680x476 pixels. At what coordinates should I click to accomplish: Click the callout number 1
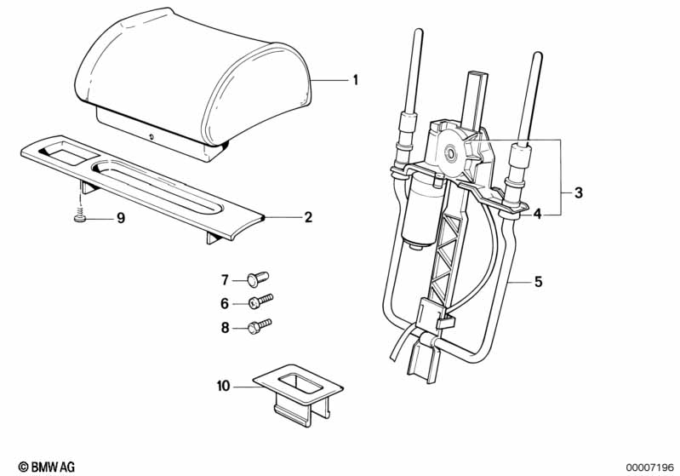click(x=355, y=80)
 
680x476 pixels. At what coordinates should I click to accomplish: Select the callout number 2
click(x=308, y=217)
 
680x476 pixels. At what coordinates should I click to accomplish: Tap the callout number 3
click(x=578, y=192)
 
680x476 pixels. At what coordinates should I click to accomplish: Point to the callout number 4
click(x=537, y=214)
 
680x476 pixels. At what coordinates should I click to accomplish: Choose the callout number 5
click(x=538, y=282)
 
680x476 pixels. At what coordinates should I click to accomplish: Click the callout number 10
click(x=223, y=386)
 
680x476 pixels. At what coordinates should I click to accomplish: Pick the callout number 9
click(x=121, y=218)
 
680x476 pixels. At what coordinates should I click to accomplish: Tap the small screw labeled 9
click(x=80, y=216)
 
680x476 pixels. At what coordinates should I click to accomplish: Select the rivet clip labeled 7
click(x=258, y=278)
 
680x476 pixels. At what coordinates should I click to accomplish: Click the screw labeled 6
click(x=260, y=301)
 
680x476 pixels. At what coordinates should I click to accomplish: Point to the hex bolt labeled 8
click(x=260, y=326)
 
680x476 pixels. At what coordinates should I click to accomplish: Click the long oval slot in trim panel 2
click(x=159, y=186)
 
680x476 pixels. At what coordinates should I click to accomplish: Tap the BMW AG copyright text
click(x=47, y=467)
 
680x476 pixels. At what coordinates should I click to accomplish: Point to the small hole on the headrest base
click(x=151, y=137)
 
